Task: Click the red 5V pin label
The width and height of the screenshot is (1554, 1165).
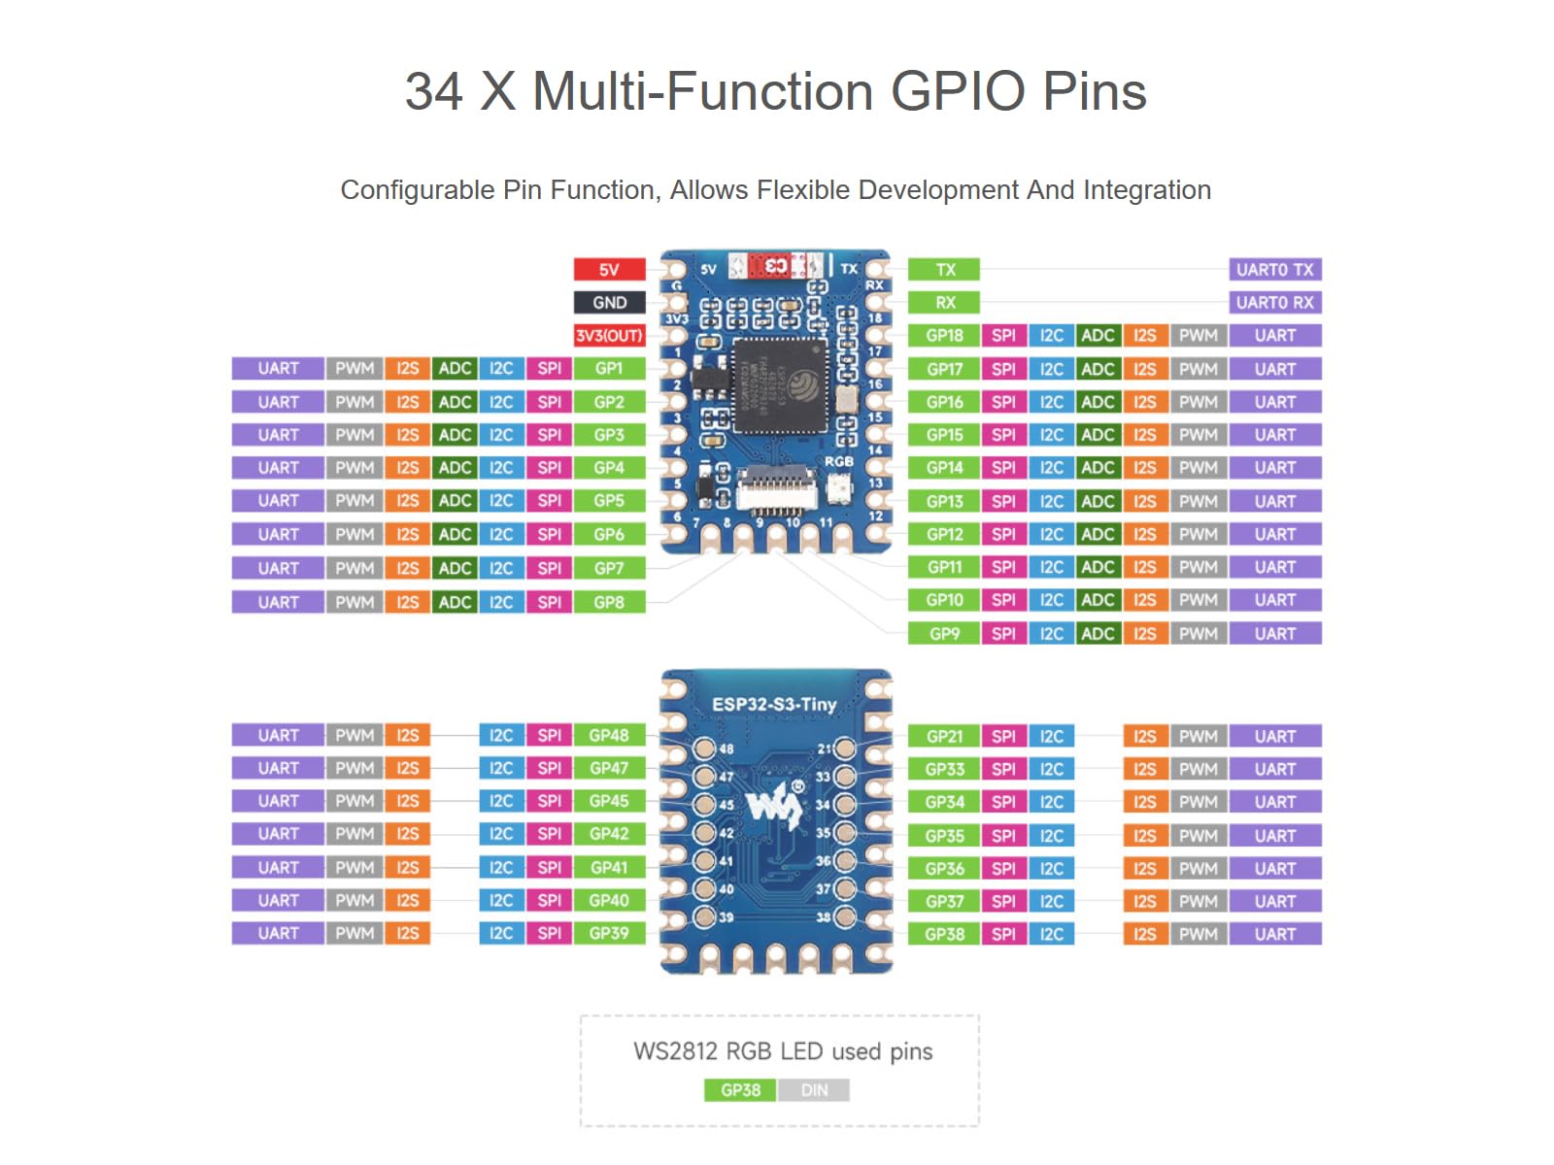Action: pos(609,270)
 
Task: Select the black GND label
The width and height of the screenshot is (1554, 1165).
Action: pos(609,303)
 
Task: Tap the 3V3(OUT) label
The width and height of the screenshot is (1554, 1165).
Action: pos(609,336)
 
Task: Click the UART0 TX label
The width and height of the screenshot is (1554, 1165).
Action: pos(1274,270)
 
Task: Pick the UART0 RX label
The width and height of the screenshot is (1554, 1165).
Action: pos(1274,303)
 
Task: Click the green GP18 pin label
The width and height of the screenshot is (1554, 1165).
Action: pos(944,336)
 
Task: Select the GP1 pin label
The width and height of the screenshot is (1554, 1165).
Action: pos(609,369)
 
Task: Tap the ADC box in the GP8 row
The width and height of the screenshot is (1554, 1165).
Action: pos(455,602)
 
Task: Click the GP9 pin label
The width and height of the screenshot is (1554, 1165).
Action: pos(944,634)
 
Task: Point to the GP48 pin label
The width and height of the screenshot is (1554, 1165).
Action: pos(609,736)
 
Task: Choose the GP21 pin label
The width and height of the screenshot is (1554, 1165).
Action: pos(944,737)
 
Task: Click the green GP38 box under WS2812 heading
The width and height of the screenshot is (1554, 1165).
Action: pos(740,1090)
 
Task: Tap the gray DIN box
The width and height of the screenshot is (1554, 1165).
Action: pos(814,1090)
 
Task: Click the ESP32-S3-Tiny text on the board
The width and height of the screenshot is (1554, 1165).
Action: pos(774,705)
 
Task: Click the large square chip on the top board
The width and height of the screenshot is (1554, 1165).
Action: pos(780,386)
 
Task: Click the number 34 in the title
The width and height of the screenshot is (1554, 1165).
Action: pos(433,92)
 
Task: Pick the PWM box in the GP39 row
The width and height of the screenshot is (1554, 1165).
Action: pos(355,934)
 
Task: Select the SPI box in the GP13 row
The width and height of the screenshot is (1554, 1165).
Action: pos(1003,502)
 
